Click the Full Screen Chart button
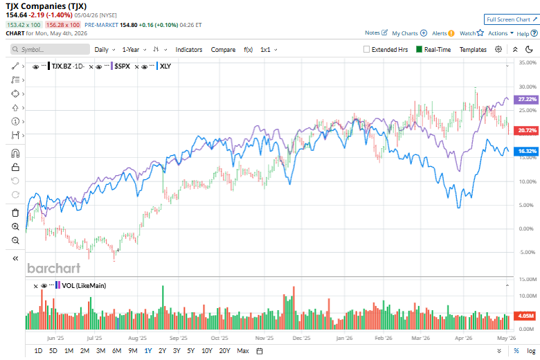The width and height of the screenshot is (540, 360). click(512, 19)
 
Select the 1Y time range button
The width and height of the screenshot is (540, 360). click(148, 351)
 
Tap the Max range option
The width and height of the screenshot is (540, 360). click(243, 351)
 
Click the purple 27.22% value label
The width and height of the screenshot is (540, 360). click(527, 99)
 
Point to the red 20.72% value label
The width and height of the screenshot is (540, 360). click(527, 130)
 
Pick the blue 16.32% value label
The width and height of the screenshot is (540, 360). click(527, 151)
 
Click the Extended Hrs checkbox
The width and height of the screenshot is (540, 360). click(366, 49)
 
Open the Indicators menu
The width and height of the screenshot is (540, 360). click(189, 50)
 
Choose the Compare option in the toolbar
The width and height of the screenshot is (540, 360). click(223, 50)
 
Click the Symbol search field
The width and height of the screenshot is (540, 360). click(51, 49)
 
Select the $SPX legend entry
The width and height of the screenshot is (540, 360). click(123, 66)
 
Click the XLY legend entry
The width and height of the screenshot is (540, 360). click(165, 66)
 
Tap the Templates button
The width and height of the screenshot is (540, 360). click(473, 50)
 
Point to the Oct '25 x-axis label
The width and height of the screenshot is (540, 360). click(219, 338)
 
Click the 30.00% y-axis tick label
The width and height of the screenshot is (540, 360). click(528, 87)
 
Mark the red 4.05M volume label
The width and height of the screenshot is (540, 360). click(526, 316)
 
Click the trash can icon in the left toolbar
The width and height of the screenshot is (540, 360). click(15, 213)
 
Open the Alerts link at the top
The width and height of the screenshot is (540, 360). click(443, 33)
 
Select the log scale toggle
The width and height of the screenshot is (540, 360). click(531, 351)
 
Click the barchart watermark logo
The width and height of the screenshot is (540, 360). click(54, 268)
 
